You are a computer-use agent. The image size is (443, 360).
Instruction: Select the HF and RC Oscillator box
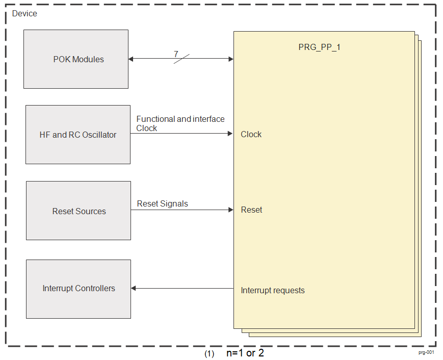[x=78, y=135]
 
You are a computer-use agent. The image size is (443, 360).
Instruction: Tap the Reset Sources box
[x=79, y=211]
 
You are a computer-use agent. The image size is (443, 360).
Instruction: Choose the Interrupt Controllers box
[x=79, y=289]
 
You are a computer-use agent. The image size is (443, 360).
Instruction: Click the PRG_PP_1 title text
[x=319, y=47]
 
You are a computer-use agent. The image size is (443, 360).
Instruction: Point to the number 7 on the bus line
[x=176, y=54]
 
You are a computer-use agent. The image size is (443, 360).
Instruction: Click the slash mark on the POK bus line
[x=181, y=59]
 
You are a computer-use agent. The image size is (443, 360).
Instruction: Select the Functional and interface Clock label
[x=180, y=123]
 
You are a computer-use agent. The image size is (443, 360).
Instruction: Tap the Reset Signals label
[x=162, y=203]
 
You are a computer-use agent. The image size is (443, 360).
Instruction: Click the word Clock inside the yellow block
[x=251, y=134]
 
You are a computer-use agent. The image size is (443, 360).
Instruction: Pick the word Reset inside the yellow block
[x=251, y=210]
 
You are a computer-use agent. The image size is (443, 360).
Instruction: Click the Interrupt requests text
[x=273, y=290]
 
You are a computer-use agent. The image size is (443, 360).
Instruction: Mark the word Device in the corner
[x=24, y=13]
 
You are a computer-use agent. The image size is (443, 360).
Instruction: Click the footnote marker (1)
[x=209, y=353]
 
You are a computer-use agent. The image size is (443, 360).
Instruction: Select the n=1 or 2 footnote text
[x=245, y=353]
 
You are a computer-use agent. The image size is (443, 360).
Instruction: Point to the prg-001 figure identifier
[x=426, y=352]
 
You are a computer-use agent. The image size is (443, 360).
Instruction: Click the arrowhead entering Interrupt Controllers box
[x=134, y=289]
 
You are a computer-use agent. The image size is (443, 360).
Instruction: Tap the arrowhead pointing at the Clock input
[x=230, y=134]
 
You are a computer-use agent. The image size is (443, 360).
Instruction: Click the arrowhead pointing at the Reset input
[x=230, y=210]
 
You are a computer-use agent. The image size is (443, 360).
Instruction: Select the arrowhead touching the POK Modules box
[x=131, y=59]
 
